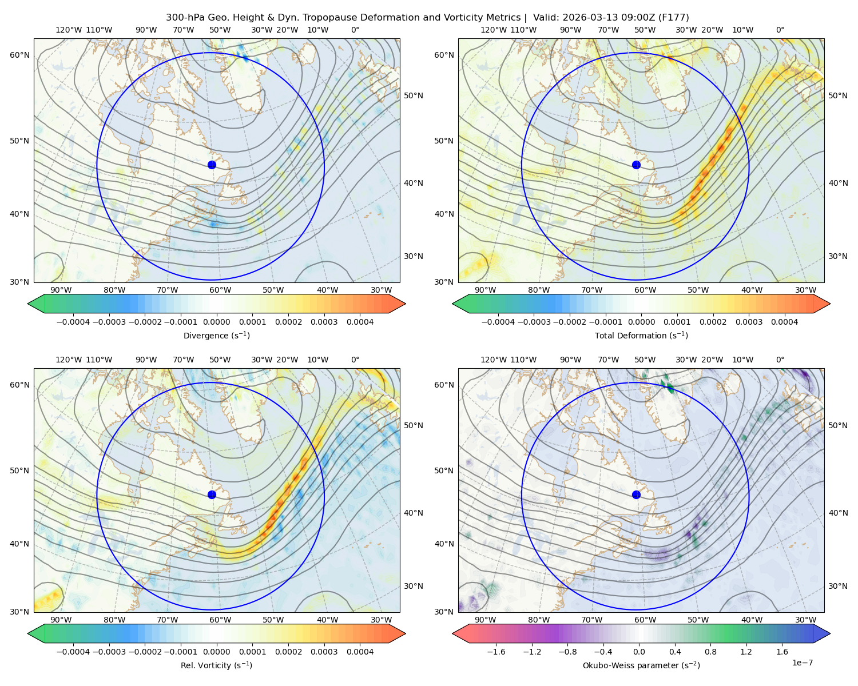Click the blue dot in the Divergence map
pyautogui.click(x=212, y=165)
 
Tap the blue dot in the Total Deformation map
pyautogui.click(x=636, y=165)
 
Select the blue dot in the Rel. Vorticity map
pyautogui.click(x=212, y=494)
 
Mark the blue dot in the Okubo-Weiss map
pyautogui.click(x=636, y=494)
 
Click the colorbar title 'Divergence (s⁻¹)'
pyautogui.click(x=216, y=335)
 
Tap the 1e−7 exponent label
pyautogui.click(x=802, y=663)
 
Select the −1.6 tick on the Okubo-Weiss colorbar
pyautogui.click(x=496, y=652)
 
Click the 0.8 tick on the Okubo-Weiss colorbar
pyautogui.click(x=710, y=652)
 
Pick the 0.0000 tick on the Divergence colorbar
pyautogui.click(x=216, y=322)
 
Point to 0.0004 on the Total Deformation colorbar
pyautogui.click(x=785, y=322)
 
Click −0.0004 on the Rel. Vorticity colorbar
pyautogui.click(x=73, y=652)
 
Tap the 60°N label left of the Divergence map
pyautogui.click(x=19, y=55)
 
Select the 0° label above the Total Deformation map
pyautogui.click(x=780, y=30)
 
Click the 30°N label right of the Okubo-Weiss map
pyautogui.click(x=838, y=586)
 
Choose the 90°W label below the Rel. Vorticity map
pyautogui.click(x=61, y=620)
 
